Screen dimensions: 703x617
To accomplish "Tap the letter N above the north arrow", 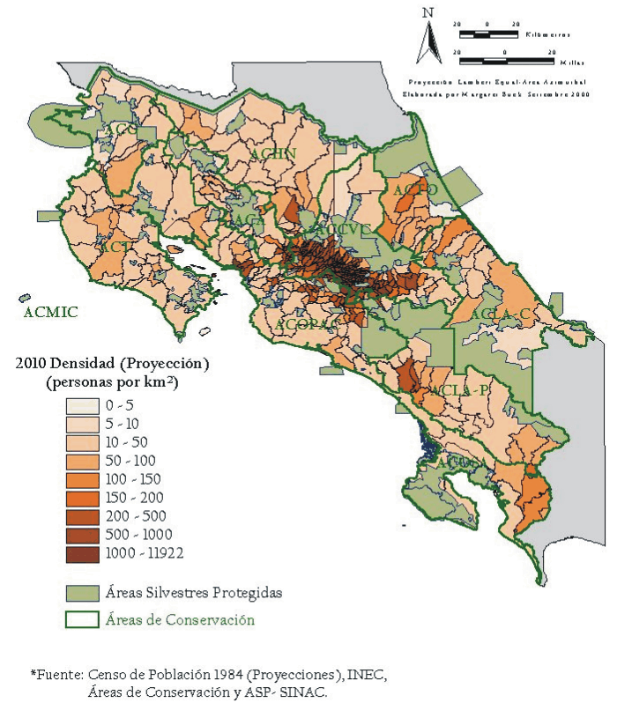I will coord(427,11).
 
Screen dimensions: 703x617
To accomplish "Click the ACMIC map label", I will coord(51,312).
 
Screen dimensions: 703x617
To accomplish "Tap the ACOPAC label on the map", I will coord(308,325).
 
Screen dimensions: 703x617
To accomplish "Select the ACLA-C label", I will coord(499,314).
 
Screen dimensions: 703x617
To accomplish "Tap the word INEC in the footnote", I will coord(368,675).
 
